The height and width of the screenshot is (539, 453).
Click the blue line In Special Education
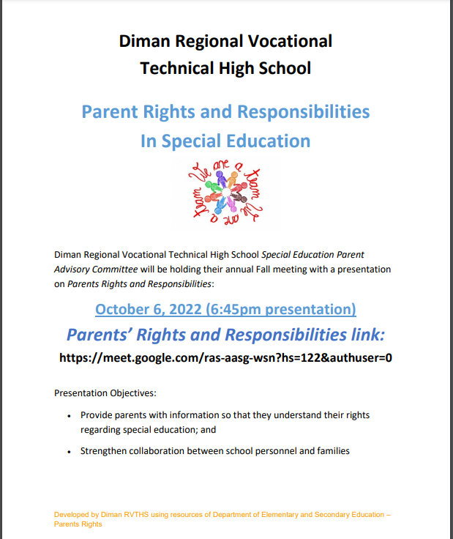click(x=225, y=141)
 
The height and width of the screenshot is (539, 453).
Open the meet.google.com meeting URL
click(x=226, y=358)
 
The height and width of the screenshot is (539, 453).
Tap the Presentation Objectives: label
click(x=105, y=393)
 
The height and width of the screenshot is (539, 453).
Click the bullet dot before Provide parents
click(x=69, y=415)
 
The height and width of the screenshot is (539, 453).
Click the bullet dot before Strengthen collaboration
click(x=69, y=451)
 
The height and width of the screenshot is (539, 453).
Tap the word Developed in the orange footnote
click(x=72, y=515)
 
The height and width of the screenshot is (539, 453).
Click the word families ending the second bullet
click(x=332, y=451)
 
